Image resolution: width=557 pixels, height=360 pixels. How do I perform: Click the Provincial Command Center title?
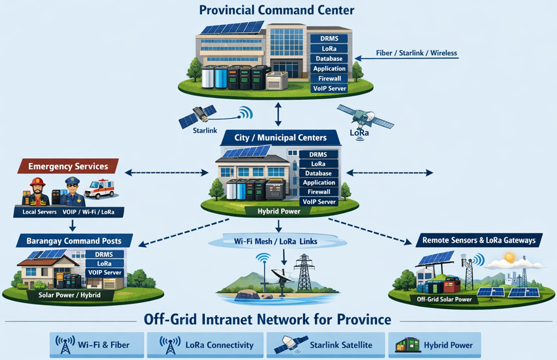pyautogui.click(x=276, y=10)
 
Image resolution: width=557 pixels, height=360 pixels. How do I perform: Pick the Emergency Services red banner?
pyautogui.click(x=67, y=166)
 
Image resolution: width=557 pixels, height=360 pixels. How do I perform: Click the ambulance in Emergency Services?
pyautogui.click(x=100, y=189)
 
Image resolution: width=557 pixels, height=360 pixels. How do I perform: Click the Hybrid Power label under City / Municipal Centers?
pyautogui.click(x=279, y=211)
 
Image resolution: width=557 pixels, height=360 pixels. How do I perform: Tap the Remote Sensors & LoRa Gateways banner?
pyautogui.click(x=479, y=240)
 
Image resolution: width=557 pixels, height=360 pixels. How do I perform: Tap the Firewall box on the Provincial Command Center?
pyautogui.click(x=329, y=79)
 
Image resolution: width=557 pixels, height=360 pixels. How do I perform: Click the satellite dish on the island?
pyautogui.click(x=282, y=275)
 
